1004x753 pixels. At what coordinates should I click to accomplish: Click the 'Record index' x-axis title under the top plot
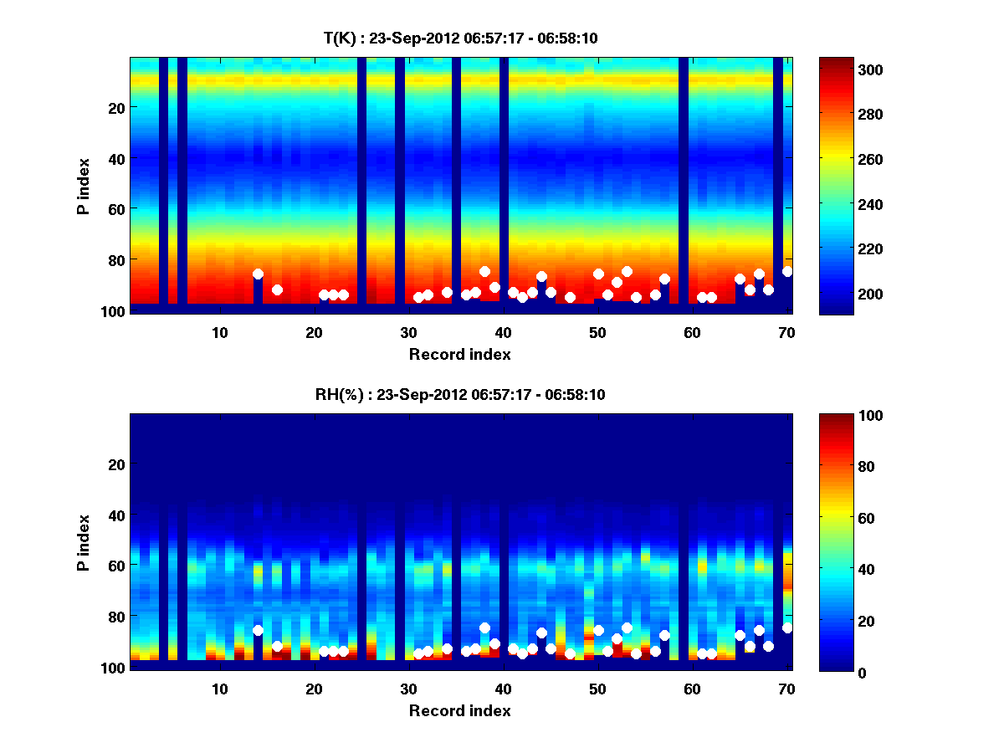tap(459, 354)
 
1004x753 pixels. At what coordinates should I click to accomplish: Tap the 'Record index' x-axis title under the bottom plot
tap(459, 710)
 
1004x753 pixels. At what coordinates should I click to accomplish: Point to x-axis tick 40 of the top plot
tap(503, 332)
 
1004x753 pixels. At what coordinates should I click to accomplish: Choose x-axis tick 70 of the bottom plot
tap(786, 689)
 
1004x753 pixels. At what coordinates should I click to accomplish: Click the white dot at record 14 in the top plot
tap(258, 274)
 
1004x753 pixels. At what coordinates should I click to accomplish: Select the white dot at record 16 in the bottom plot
tap(277, 646)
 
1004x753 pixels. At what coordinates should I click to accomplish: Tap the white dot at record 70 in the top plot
tap(786, 271)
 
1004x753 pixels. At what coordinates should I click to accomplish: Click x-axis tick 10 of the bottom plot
tap(220, 689)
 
